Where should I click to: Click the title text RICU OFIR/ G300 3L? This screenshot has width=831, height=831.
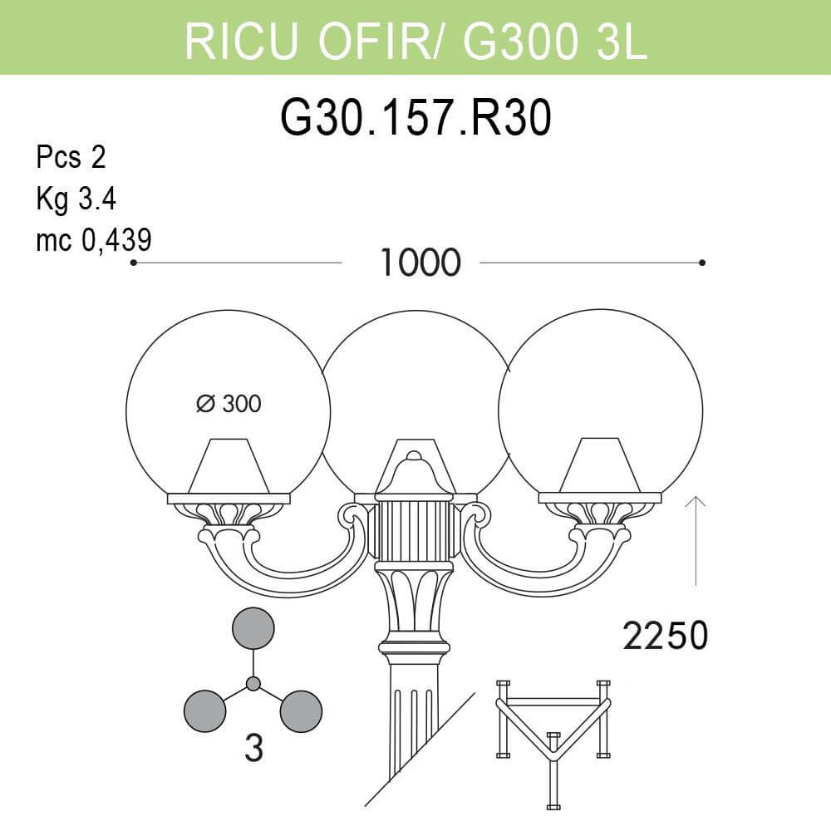click(415, 39)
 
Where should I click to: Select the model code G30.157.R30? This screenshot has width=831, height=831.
click(415, 119)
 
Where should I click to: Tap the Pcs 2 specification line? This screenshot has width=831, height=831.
click(71, 157)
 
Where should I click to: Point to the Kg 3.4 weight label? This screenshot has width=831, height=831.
click(76, 199)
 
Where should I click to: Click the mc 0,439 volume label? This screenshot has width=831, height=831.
click(93, 240)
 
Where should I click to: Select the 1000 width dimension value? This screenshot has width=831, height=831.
click(420, 263)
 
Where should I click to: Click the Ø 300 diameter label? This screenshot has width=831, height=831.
click(229, 404)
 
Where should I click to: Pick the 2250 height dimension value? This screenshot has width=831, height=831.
click(665, 637)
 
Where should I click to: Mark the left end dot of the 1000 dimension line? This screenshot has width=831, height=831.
click(133, 263)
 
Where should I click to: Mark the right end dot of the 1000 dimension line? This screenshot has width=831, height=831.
click(702, 263)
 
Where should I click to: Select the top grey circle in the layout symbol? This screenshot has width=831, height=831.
click(253, 628)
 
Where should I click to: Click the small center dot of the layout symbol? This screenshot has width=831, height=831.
click(253, 684)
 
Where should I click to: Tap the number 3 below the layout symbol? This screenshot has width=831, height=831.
click(253, 749)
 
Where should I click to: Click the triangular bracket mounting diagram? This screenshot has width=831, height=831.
click(553, 735)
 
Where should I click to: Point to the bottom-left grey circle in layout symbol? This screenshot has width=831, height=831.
click(204, 711)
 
